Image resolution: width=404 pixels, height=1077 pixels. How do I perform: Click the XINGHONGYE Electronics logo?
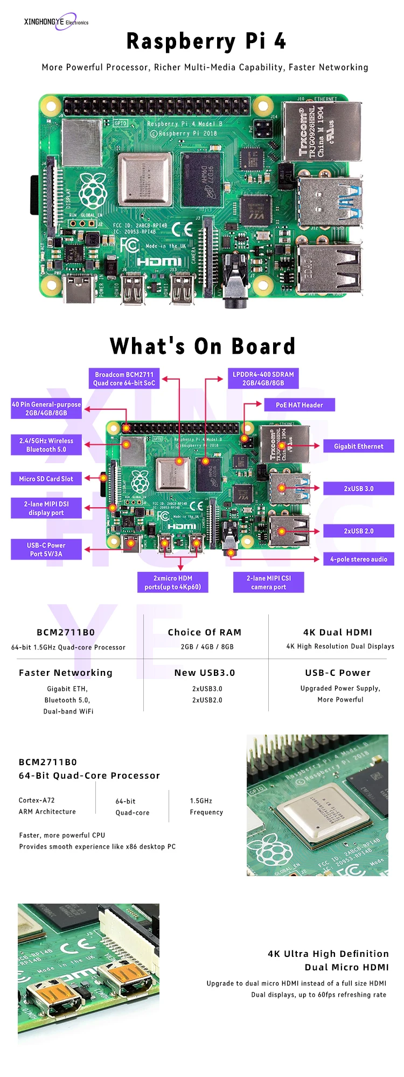coord(56,22)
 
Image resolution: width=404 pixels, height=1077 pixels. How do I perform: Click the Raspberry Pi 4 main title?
coord(206,41)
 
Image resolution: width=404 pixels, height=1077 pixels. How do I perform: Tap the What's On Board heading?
coord(203,346)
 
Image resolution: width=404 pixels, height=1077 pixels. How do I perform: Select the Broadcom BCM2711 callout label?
coord(124,379)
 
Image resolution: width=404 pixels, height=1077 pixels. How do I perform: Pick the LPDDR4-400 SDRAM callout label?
coord(263,379)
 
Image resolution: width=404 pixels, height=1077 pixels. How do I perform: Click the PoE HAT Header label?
coord(299,405)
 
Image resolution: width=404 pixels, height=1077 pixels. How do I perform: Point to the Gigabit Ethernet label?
coord(358,446)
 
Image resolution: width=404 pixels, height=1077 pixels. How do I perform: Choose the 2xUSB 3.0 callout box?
coord(358,488)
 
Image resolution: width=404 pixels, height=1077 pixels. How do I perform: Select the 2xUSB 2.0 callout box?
coord(358,531)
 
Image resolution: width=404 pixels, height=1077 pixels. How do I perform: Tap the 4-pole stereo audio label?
coord(358,559)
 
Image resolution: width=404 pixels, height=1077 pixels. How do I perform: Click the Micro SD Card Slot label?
coord(46,479)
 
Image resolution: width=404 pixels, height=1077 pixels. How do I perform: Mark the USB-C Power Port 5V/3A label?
coord(46,549)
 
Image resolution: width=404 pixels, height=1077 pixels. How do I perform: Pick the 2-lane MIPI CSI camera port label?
coord(268,582)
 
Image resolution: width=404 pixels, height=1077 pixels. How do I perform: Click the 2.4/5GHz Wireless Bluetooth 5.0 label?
coord(46,445)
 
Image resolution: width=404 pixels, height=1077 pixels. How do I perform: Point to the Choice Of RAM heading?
coord(204,632)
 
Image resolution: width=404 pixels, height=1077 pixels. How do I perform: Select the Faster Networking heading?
coord(66,673)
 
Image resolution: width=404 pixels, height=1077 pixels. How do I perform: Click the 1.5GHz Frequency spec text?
coord(206,806)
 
